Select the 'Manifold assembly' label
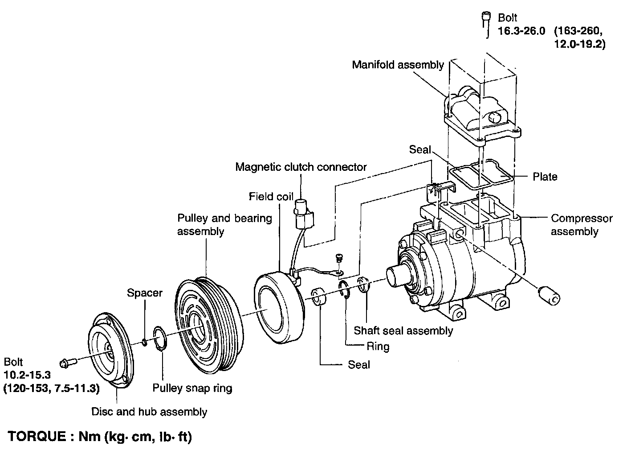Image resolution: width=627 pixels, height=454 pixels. [x=398, y=65]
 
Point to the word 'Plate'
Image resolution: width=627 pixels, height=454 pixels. [x=545, y=177]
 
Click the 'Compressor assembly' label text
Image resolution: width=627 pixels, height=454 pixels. [x=581, y=225]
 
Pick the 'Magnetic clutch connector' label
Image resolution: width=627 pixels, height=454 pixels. [x=301, y=167]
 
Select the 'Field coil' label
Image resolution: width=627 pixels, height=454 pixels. [x=271, y=196]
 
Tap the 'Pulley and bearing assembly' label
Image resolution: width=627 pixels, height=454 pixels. [x=224, y=225]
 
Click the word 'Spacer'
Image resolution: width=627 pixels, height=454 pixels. [x=145, y=293]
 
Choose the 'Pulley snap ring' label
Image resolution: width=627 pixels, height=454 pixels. [x=192, y=388]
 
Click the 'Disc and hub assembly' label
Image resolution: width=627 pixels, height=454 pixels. [x=149, y=411]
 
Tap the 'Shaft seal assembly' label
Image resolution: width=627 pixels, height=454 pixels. [x=403, y=330]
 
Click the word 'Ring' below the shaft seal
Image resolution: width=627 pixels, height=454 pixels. [x=378, y=346]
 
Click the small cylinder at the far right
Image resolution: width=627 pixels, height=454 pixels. [x=549, y=295]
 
